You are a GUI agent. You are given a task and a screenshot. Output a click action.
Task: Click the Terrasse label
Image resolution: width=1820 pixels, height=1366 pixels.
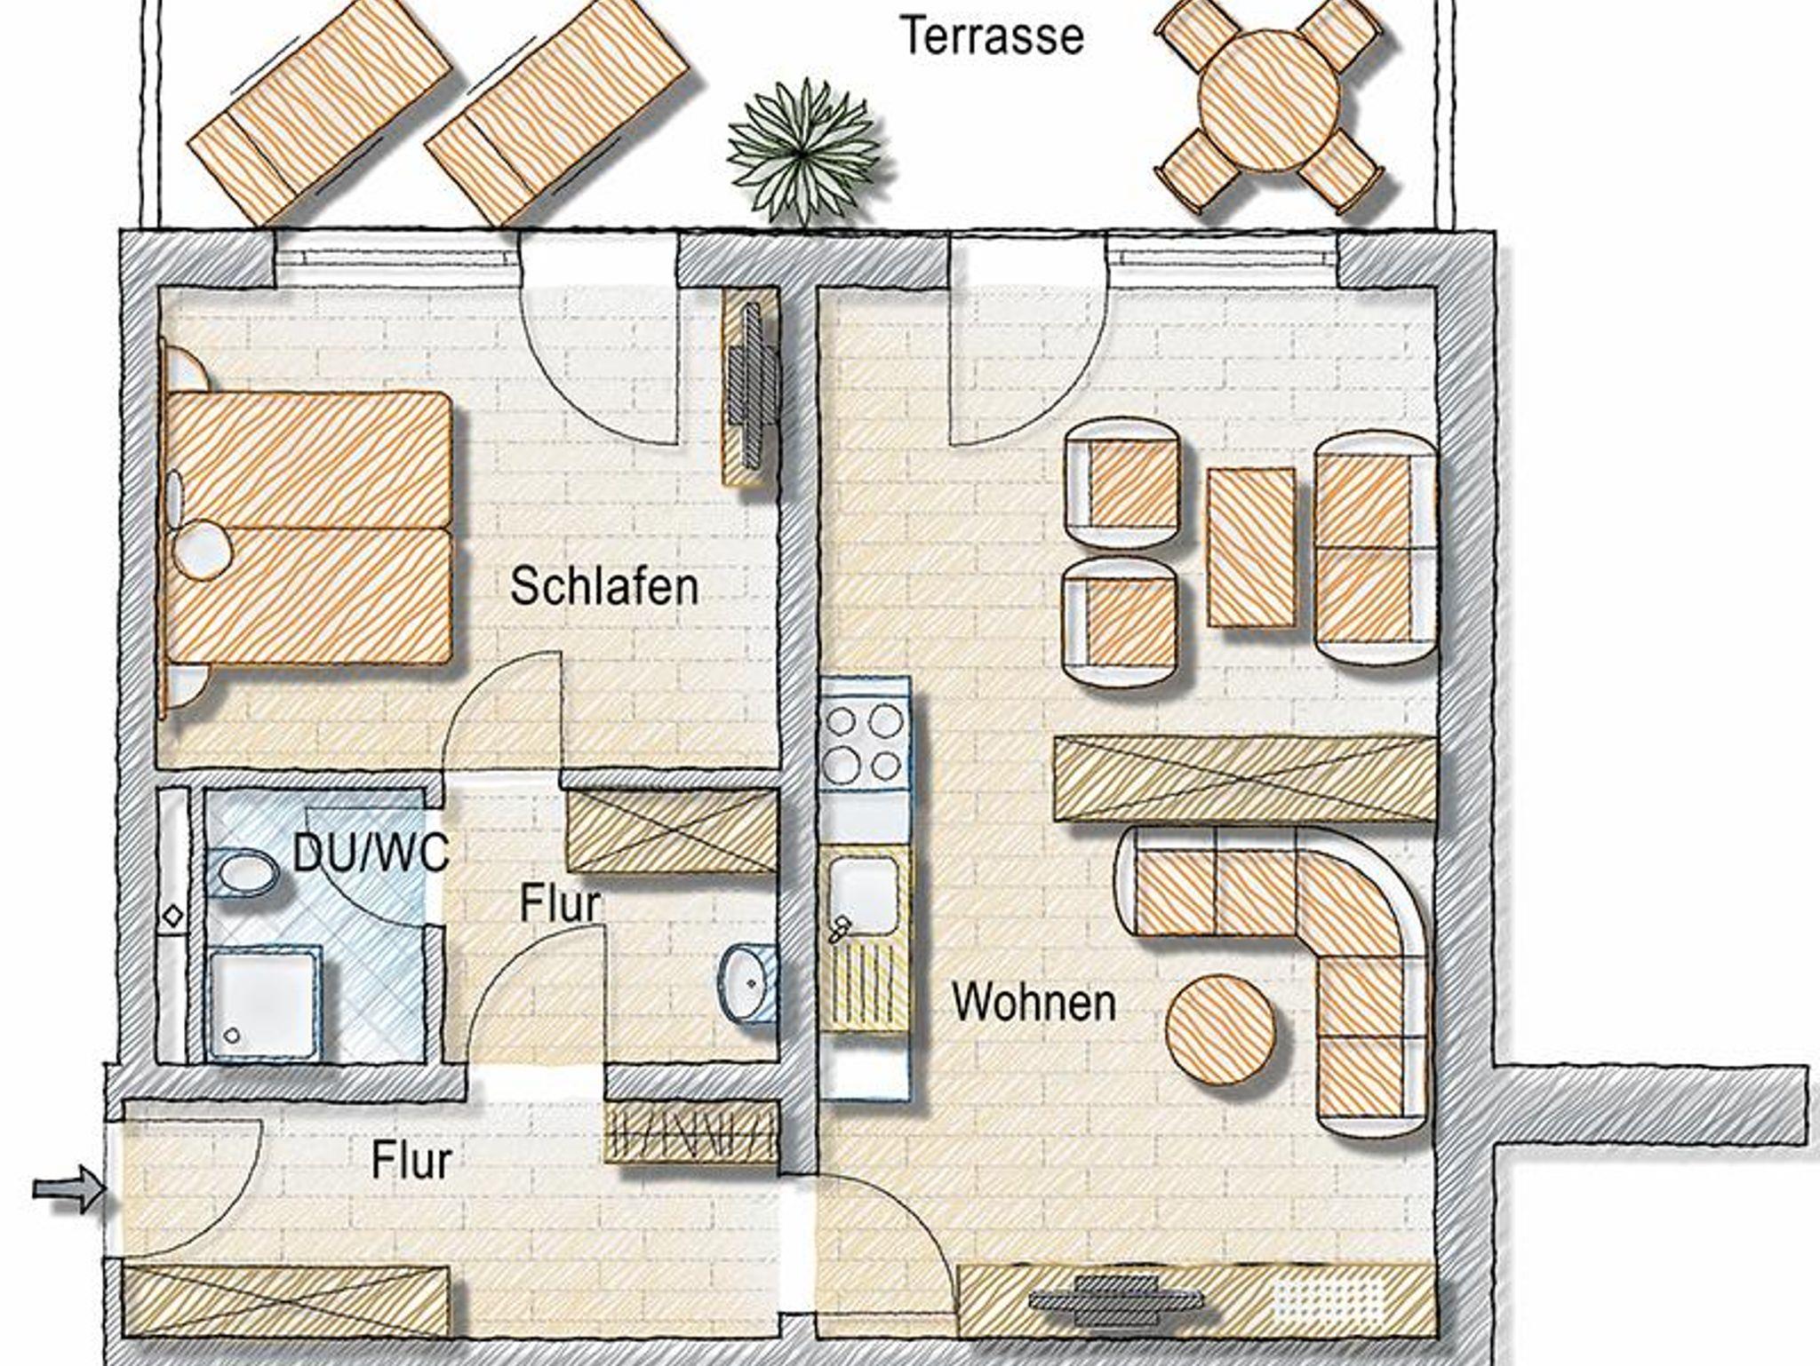993,36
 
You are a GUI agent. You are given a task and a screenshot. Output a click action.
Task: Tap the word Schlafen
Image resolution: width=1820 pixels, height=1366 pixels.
604,587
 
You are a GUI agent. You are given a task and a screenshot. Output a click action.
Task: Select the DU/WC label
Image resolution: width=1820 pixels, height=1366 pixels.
371,854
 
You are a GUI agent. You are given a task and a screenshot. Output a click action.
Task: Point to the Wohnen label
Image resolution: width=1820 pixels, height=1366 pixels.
1034,1002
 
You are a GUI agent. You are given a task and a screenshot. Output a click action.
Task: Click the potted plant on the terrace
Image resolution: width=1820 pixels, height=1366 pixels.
804,151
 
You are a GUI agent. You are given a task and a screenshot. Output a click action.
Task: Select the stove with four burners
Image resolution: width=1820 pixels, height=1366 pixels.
863,742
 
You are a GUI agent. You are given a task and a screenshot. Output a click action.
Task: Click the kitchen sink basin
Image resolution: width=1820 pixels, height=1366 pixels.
863,894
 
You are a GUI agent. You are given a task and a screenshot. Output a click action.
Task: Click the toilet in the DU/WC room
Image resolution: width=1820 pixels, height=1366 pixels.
242,872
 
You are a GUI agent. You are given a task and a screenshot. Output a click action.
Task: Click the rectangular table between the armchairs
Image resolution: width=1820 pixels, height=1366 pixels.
1251,548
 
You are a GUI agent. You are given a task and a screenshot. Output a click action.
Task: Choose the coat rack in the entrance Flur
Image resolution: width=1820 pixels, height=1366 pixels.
693,1132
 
